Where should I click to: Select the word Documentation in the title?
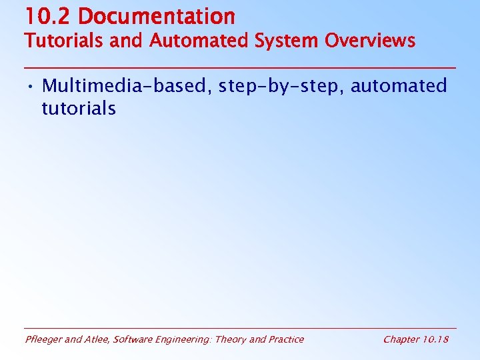point(155,16)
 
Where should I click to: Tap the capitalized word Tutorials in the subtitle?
point(65,41)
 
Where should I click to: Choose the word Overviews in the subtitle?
point(370,41)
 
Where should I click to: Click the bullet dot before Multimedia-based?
point(31,87)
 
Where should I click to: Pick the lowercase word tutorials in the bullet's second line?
point(79,108)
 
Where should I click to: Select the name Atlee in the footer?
point(97,339)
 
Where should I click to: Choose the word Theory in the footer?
point(231,340)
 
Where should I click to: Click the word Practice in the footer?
point(285,339)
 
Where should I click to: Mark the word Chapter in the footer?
point(401,340)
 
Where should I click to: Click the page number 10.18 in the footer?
point(436,339)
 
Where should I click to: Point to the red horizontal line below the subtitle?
point(240,67)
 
